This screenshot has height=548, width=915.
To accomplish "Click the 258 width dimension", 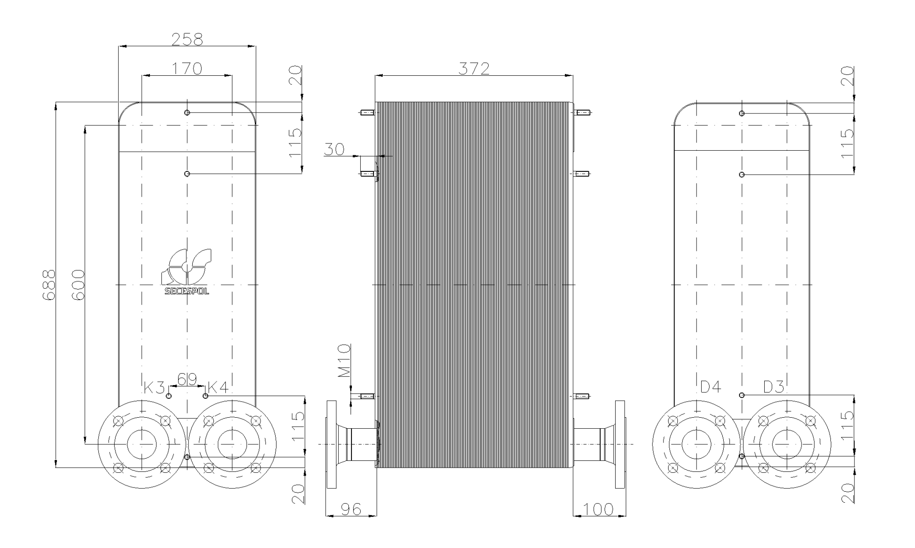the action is (187, 39).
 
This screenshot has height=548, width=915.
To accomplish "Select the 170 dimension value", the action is (187, 68).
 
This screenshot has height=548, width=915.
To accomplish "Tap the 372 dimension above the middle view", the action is (474, 68).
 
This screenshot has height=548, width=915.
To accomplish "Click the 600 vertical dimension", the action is (78, 285).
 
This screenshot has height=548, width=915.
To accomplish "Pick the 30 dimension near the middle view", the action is (334, 149).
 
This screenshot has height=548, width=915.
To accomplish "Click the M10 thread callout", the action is (345, 361).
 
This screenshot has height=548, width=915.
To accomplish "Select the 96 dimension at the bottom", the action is (351, 509).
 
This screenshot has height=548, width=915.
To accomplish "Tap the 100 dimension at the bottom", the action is (598, 509).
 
